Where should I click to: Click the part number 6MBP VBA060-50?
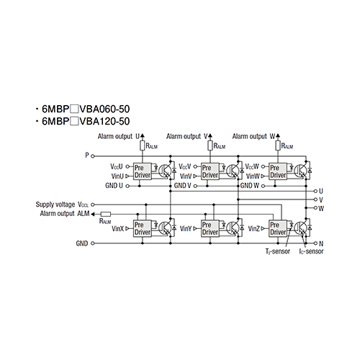(86, 109)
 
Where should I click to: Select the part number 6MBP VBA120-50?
(86, 121)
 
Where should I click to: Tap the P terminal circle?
(93, 156)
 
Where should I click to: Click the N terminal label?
(321, 243)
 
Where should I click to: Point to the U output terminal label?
(321, 192)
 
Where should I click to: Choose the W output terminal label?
(321, 208)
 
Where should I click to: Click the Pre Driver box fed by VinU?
(143, 171)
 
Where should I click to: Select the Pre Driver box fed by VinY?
(210, 228)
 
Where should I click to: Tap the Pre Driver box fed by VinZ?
(278, 228)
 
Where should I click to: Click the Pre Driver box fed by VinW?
(278, 171)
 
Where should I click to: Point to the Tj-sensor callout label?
(278, 251)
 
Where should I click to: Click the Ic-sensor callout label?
(311, 251)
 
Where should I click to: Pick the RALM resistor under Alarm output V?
(210, 145)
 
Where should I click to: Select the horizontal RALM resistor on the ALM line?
(106, 214)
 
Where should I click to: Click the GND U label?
(114, 186)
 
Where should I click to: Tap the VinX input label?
(117, 229)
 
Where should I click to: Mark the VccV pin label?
(185, 166)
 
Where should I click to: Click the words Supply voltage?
(55, 204)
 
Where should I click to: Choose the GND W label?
(250, 186)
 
